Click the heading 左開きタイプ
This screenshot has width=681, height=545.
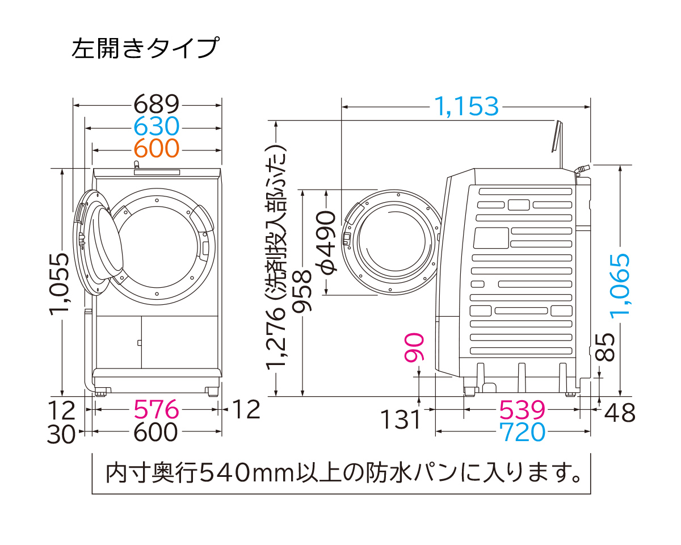click(x=144, y=48)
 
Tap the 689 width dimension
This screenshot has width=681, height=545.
click(x=156, y=104)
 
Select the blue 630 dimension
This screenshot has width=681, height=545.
click(x=156, y=126)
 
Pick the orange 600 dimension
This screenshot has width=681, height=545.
click(x=156, y=148)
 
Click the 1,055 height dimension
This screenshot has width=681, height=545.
click(x=60, y=282)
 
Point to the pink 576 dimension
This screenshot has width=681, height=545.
click(x=156, y=409)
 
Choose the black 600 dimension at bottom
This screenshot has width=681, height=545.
click(x=156, y=433)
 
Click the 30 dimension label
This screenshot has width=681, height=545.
click(x=61, y=434)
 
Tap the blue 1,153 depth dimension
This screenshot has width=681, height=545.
click(x=466, y=106)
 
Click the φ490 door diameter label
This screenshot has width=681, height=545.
click(x=327, y=242)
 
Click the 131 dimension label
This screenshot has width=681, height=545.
click(x=401, y=420)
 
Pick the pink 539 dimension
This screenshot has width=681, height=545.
click(x=522, y=409)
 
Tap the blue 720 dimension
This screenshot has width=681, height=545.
click(x=522, y=433)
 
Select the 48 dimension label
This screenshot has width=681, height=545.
click(x=620, y=413)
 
